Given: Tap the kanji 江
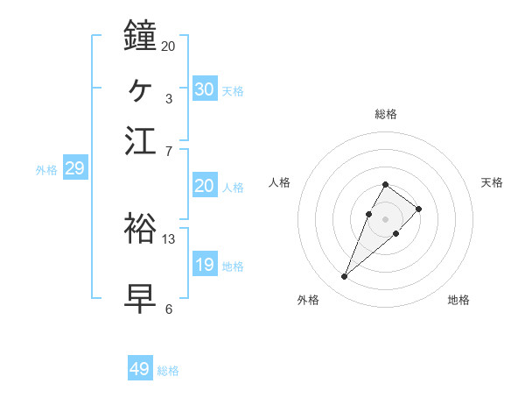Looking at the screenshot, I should [x=141, y=140].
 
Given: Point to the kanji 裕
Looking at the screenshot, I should [x=141, y=228].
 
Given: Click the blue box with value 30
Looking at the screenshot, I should [x=205, y=89].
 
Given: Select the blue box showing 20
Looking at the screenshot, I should [x=205, y=186].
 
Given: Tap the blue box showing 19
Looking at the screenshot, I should [x=205, y=265].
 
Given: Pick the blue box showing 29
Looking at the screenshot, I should [x=74, y=168].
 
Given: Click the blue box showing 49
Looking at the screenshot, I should [x=140, y=369].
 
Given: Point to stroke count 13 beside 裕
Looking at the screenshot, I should [x=169, y=238].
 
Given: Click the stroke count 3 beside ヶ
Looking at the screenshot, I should [x=168, y=98].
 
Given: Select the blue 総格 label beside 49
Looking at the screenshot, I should [x=168, y=371].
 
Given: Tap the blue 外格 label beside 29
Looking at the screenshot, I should [x=46, y=170].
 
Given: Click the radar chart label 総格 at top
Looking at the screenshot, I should [x=386, y=114].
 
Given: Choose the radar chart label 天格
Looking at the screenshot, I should [x=492, y=182].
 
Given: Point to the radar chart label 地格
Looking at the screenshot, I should [x=458, y=300].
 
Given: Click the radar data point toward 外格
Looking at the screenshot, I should [x=344, y=277].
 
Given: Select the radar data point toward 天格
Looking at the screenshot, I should [x=419, y=209].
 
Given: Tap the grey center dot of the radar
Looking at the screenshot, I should [x=385, y=218].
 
